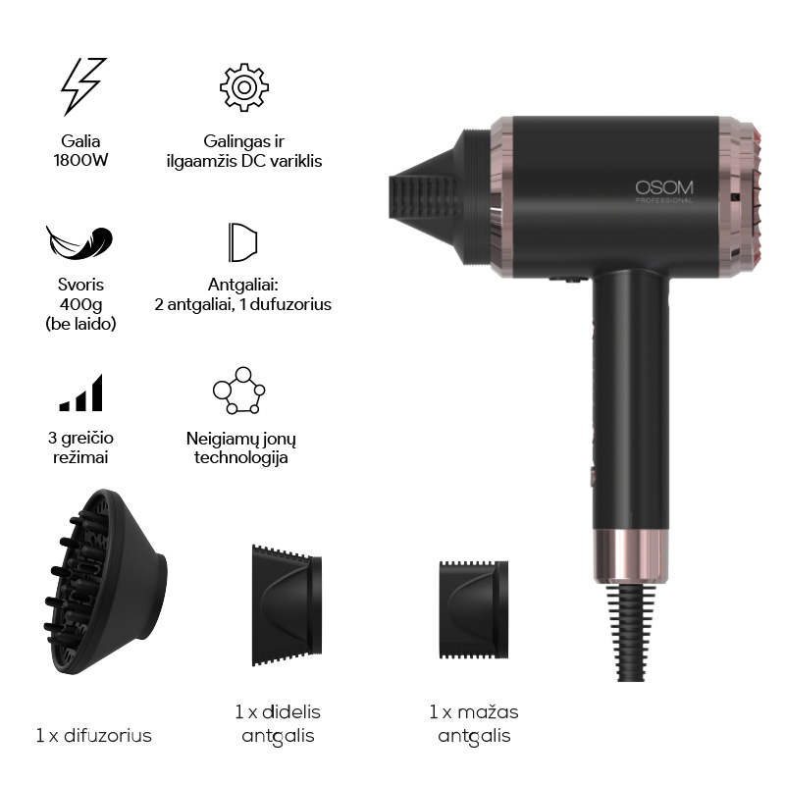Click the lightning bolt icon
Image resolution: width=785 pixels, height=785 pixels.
[x=82, y=86]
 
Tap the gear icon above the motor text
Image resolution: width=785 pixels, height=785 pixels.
[x=243, y=87]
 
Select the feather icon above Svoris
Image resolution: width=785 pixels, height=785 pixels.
[x=79, y=242]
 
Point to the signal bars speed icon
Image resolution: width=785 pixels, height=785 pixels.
[x=81, y=393]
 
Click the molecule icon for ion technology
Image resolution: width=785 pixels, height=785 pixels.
[x=238, y=391]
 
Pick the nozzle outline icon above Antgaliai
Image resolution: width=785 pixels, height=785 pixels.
[x=242, y=242]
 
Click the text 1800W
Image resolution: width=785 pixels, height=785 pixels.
[x=80, y=161]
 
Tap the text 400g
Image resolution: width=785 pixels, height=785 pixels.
[x=80, y=304]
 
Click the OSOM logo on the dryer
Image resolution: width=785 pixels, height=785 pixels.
[x=664, y=187]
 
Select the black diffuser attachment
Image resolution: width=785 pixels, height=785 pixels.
[x=105, y=581]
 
